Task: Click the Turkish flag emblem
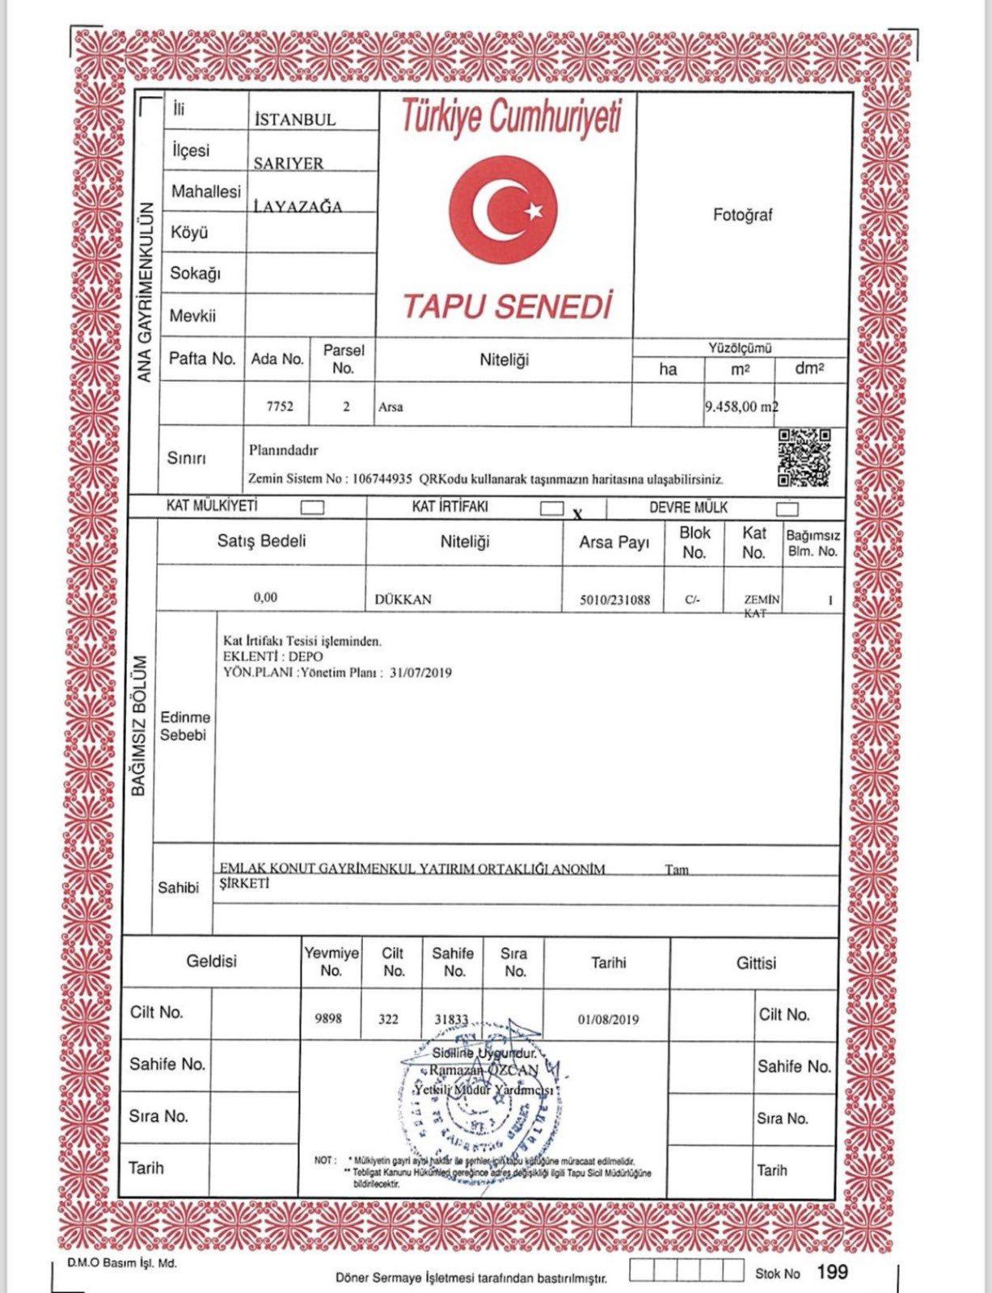pyautogui.click(x=503, y=212)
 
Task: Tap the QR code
pyautogui.click(x=804, y=457)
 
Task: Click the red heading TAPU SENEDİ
pyautogui.click(x=507, y=306)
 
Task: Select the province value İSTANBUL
pyautogui.click(x=295, y=120)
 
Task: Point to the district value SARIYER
pyautogui.click(x=289, y=163)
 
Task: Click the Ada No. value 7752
pyautogui.click(x=280, y=406)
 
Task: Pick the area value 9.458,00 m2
pyautogui.click(x=741, y=406)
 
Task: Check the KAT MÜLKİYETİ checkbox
pyautogui.click(x=312, y=508)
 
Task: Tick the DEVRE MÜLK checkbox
pyautogui.click(x=787, y=508)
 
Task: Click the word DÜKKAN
pyautogui.click(x=403, y=600)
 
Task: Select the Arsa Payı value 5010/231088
pyautogui.click(x=614, y=600)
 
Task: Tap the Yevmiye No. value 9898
pyautogui.click(x=327, y=1018)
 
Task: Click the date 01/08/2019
pyautogui.click(x=608, y=1019)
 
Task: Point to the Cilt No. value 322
pyautogui.click(x=388, y=1019)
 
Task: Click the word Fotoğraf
pyautogui.click(x=743, y=215)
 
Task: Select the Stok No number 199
pyautogui.click(x=832, y=1272)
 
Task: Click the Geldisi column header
pyautogui.click(x=211, y=962)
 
